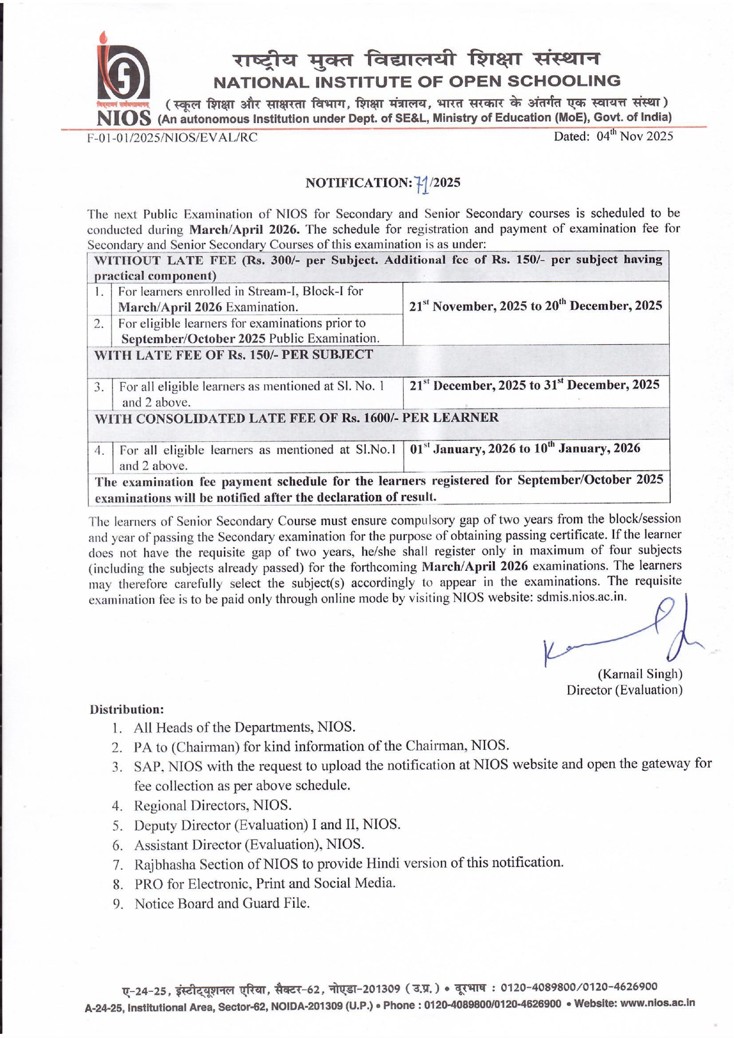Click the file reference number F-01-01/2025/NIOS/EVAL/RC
172,138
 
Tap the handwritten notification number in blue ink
421,183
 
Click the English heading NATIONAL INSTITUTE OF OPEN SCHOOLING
417,81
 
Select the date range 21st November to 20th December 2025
535,306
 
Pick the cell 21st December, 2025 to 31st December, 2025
534,385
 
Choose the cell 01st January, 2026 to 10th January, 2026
525,449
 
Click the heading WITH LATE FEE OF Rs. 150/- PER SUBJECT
234,355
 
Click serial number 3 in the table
99,387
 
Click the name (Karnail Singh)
640,674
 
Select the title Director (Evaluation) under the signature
624,690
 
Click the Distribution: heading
126,709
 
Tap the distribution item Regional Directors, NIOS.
213,806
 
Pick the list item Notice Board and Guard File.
222,904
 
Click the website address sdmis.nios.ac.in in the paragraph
581,597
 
